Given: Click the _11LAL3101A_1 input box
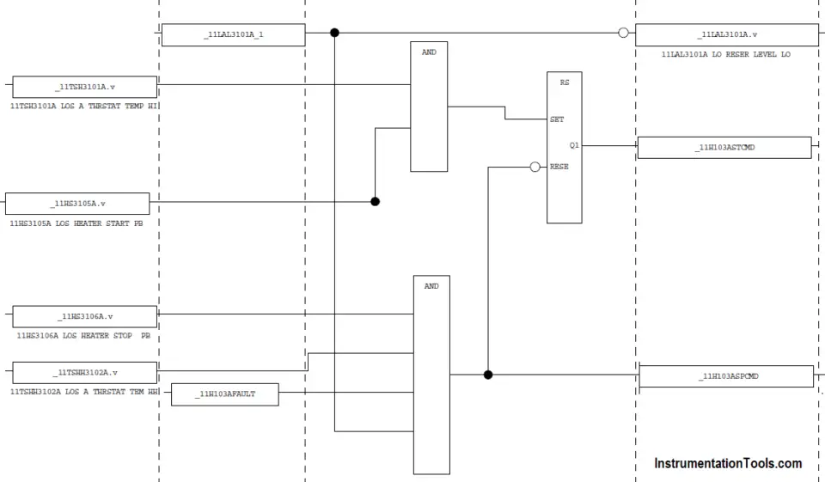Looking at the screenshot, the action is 233,34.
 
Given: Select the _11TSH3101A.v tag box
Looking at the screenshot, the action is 85,87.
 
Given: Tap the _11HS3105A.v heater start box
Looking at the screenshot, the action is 77,204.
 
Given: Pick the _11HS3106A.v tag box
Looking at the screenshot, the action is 85,317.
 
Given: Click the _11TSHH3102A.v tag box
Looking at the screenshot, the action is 85,373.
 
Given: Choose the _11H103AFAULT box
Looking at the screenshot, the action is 225,394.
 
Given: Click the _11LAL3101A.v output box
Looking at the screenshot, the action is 727,34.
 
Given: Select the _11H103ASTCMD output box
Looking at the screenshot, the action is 724,148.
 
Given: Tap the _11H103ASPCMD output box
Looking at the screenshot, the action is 727,376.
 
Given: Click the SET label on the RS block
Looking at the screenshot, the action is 557,119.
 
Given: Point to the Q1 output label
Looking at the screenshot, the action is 574,145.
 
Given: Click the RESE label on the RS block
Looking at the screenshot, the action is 559,167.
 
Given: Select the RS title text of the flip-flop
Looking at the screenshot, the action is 565,82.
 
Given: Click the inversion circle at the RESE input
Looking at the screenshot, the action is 535,167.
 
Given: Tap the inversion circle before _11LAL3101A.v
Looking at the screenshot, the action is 624,33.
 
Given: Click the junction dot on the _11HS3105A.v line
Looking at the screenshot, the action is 376,202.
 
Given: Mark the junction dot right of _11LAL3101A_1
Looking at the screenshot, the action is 334,33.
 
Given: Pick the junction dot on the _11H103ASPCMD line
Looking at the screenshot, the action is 488,375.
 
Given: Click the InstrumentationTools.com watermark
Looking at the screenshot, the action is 728,464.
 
